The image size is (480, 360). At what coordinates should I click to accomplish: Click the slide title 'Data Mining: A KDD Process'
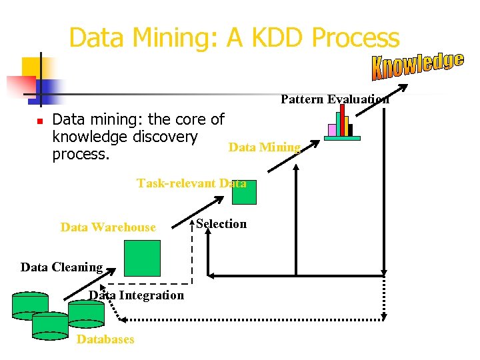(234, 38)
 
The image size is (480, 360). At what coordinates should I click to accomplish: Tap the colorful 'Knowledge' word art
(417, 65)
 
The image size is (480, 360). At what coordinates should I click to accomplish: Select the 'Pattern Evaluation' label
(335, 99)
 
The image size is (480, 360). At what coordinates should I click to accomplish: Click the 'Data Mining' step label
(265, 147)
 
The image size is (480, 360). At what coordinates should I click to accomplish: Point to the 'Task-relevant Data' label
(191, 183)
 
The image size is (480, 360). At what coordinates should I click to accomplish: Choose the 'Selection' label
(221, 224)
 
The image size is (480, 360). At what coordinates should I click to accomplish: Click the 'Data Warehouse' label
(108, 227)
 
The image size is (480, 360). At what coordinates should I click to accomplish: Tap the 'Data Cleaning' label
(61, 267)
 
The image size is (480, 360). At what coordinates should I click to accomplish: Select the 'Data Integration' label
(137, 295)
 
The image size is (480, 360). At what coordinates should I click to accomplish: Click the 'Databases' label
(105, 339)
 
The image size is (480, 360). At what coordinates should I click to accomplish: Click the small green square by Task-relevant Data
(243, 192)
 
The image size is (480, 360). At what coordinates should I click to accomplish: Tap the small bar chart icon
(342, 124)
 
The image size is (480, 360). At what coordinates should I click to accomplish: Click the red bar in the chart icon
(342, 120)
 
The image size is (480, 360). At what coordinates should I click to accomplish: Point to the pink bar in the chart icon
(331, 129)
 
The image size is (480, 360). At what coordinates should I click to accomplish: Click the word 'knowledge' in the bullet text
(86, 137)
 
